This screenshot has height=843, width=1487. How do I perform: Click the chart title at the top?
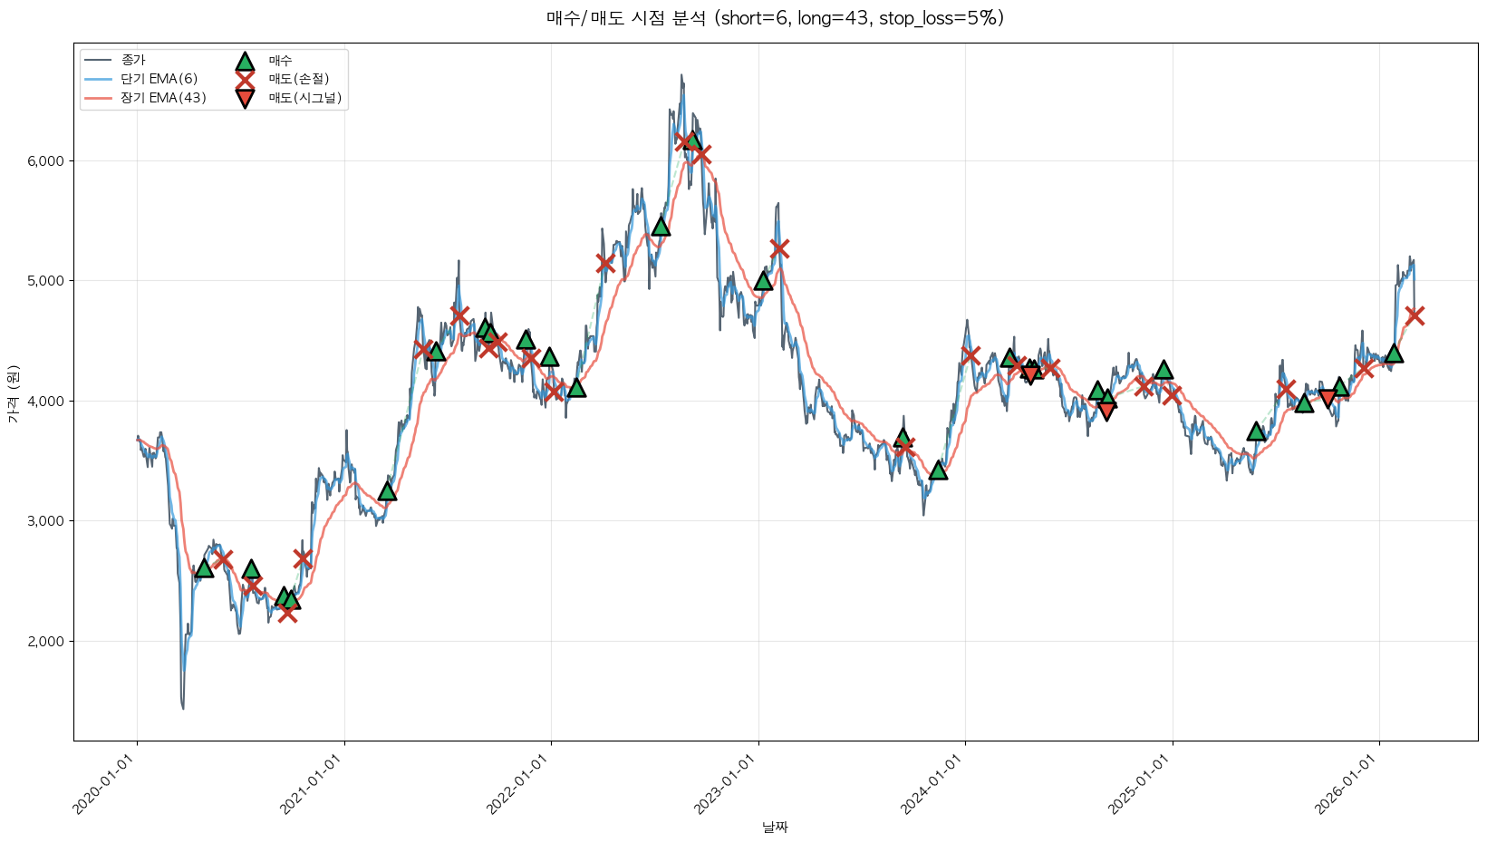(x=775, y=18)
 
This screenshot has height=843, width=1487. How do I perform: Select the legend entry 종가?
(x=133, y=60)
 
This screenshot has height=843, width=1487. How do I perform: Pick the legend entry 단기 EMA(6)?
(x=159, y=79)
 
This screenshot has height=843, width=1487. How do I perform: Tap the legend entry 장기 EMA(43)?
(x=163, y=98)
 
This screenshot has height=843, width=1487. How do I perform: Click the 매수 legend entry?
(x=280, y=61)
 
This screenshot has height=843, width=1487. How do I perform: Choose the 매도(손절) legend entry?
(x=298, y=79)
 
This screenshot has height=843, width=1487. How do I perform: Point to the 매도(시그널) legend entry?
(x=304, y=98)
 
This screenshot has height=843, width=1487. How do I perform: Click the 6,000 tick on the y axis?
(x=45, y=161)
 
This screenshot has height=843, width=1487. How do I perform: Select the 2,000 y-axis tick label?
(x=45, y=642)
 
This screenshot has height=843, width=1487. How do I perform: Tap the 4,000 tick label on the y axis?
(x=45, y=402)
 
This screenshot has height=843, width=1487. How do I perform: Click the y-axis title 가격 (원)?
(x=13, y=393)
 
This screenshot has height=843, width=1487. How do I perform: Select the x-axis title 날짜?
(x=775, y=827)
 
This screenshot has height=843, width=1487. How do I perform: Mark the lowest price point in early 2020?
(x=183, y=708)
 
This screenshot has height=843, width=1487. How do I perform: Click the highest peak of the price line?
(x=681, y=75)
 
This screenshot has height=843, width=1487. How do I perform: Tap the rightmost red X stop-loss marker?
(x=1414, y=315)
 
